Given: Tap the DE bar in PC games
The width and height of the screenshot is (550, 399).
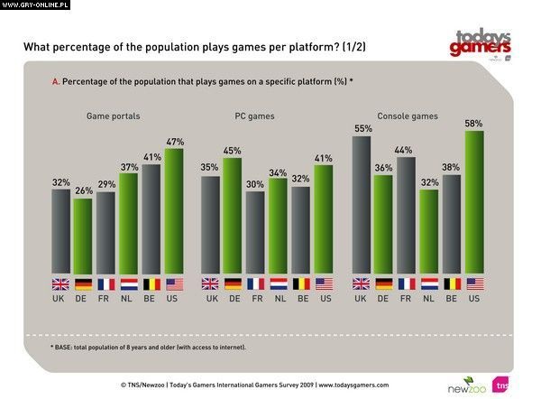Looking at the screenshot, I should [x=233, y=217].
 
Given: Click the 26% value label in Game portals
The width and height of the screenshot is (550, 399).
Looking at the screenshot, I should [x=83, y=191].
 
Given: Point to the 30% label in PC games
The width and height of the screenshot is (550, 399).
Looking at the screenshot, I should [x=255, y=184].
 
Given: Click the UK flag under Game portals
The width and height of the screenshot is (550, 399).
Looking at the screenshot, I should [x=60, y=283].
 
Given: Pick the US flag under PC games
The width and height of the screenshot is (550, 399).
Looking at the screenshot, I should [x=322, y=283].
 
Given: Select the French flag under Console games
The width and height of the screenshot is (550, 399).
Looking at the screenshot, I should [x=407, y=283].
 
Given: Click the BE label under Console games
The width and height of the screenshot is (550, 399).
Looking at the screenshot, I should [x=451, y=298].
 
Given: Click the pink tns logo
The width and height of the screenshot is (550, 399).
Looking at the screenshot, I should [x=500, y=383].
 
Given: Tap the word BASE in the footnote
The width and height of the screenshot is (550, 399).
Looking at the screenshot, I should [x=69, y=348].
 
